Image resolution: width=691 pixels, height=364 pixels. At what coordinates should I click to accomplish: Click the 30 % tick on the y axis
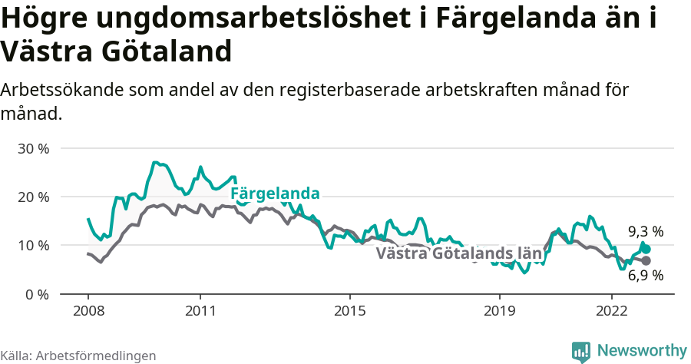pos(33,148)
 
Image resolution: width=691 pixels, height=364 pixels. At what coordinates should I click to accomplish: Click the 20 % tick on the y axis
pos(33,197)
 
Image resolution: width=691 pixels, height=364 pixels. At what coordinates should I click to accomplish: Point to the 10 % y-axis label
pos(33,246)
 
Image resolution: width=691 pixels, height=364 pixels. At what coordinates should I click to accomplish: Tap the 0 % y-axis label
pos(38,294)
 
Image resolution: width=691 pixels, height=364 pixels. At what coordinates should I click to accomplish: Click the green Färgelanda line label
pos(275,194)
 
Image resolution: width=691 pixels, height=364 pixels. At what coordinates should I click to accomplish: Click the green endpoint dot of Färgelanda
pos(646,249)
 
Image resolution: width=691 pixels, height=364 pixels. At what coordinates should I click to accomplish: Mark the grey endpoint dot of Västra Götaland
pos(646,261)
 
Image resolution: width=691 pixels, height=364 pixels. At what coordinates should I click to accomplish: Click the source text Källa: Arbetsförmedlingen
pos(78,356)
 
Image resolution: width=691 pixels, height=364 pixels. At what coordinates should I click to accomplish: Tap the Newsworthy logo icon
pos(581,352)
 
